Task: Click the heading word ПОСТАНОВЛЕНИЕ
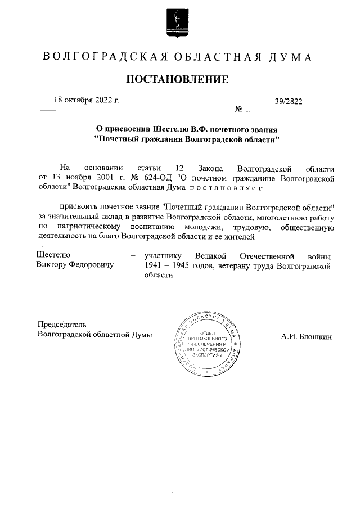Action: pyautogui.click(x=177, y=79)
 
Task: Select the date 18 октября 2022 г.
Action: pyautogui.click(x=87, y=101)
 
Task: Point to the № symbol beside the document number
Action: pyautogui.click(x=238, y=109)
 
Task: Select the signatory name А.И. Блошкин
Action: pyautogui.click(x=307, y=337)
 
